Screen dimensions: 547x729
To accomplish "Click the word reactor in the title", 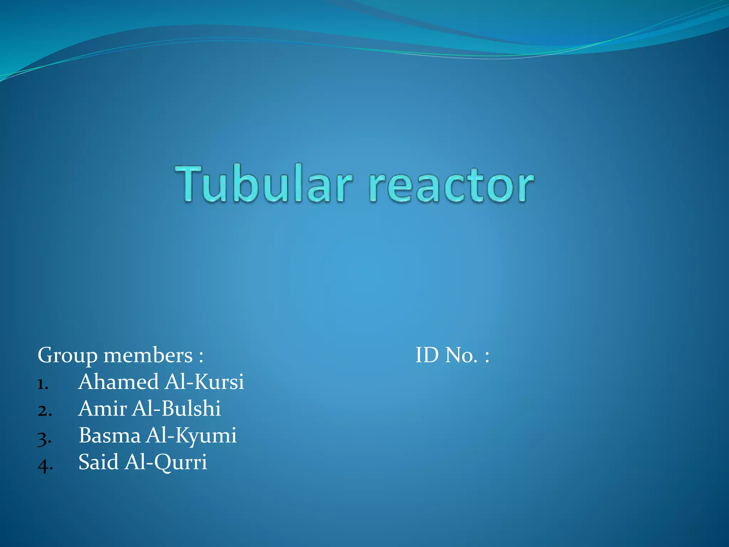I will (451, 186).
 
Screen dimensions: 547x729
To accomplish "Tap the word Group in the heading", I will (67, 356).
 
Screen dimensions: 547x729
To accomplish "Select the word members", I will (148, 355).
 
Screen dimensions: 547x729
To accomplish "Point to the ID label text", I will (427, 355).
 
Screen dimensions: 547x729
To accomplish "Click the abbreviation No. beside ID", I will (461, 355).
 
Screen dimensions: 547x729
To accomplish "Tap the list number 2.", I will (44, 411).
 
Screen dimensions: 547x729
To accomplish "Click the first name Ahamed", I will (119, 382).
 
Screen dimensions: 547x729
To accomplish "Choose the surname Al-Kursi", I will (204, 382).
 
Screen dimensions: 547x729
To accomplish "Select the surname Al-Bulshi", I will (176, 408).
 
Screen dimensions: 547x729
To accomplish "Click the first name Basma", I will (110, 435).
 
